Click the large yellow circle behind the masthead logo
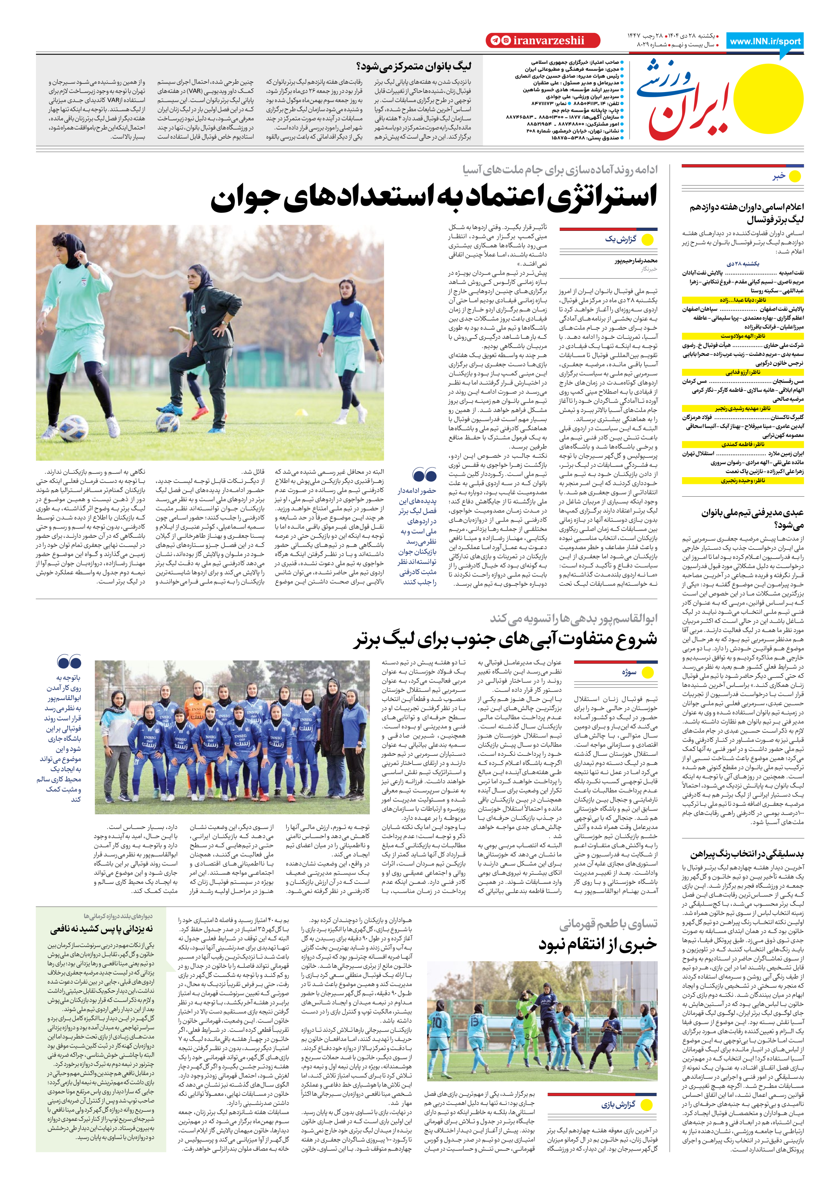pos(768,98)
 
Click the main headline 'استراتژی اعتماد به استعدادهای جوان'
pos(433,198)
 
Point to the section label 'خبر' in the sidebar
pos(779,176)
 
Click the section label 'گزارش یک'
pos(621,239)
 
